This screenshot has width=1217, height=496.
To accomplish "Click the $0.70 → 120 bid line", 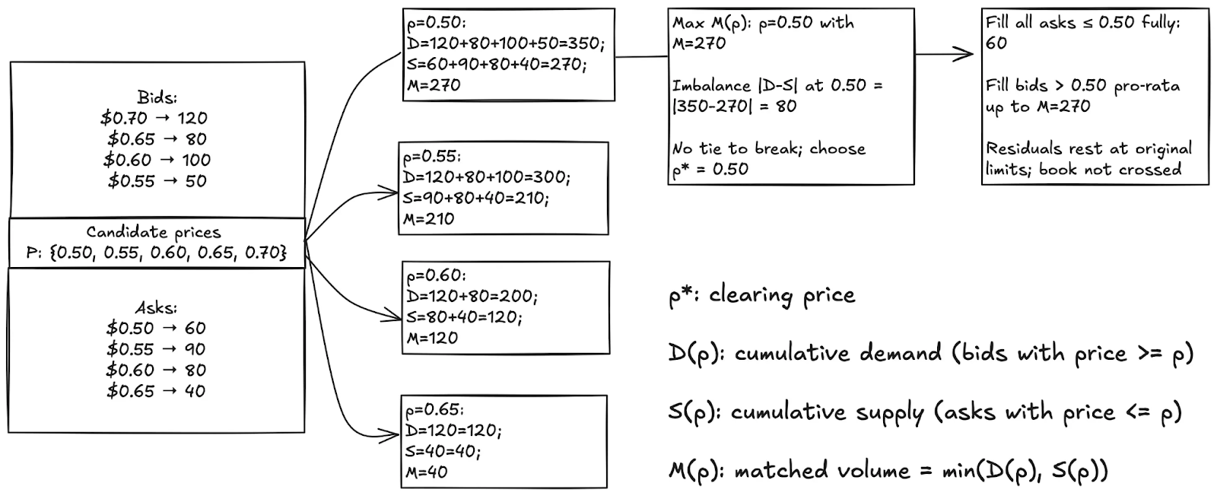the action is [x=154, y=118].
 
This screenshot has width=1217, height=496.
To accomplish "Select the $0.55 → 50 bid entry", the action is [x=157, y=181].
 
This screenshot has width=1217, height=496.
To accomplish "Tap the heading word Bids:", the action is [x=157, y=97].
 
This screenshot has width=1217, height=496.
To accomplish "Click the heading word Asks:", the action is [x=157, y=307].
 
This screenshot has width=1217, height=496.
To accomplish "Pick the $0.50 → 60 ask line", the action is [x=157, y=328].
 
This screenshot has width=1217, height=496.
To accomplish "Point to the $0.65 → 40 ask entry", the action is [x=157, y=391].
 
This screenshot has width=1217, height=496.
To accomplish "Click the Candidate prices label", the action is [x=153, y=232].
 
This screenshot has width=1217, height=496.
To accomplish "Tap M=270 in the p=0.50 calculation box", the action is [x=434, y=85].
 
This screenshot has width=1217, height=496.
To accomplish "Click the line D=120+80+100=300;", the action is [x=487, y=177].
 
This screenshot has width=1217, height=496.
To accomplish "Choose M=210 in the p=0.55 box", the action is [x=429, y=219].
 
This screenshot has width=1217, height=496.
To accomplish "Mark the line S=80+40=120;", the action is [x=465, y=317].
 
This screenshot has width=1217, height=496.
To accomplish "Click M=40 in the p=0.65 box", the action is [x=427, y=472].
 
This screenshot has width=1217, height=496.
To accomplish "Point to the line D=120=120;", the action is [x=453, y=431].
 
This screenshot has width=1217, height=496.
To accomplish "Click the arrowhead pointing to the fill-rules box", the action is [x=967, y=53].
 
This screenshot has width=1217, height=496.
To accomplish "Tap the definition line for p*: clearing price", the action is [x=762, y=295].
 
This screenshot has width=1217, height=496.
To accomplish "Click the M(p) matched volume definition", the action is [x=888, y=471].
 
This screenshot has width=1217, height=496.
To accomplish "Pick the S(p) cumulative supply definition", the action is [x=926, y=412].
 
